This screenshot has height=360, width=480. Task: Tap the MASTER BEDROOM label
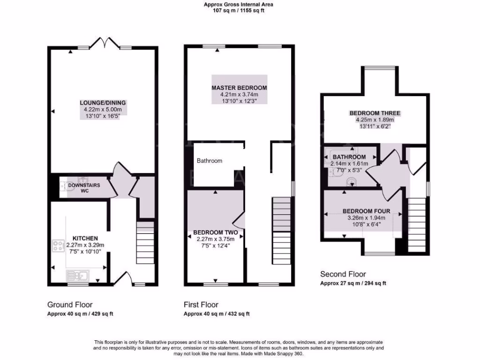click(x=239, y=88)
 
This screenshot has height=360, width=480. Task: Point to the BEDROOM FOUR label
click(x=366, y=211)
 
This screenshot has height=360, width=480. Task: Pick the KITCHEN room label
click(x=85, y=238)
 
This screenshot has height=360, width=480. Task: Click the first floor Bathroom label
click(x=209, y=161)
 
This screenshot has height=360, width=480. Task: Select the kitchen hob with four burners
click(x=59, y=246)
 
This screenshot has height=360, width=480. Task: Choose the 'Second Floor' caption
click(x=343, y=274)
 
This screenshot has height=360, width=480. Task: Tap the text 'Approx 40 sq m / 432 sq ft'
click(x=217, y=314)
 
